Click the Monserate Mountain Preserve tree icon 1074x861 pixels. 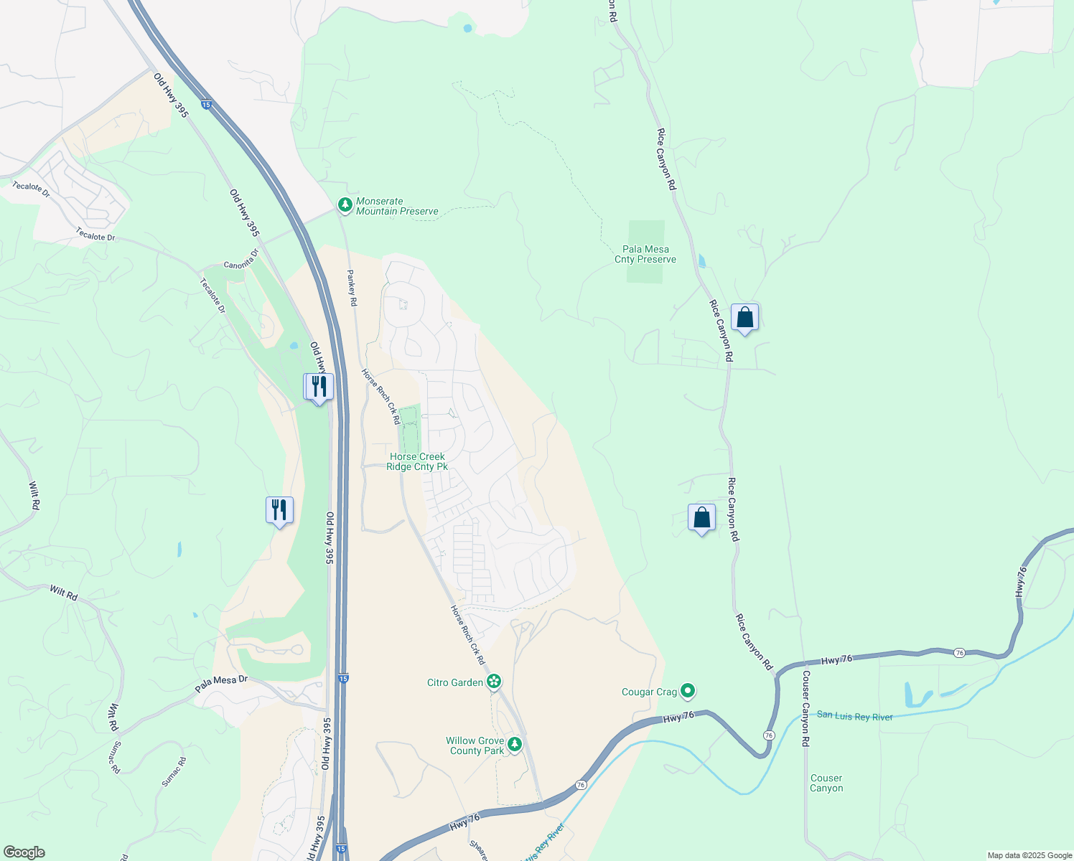click(x=345, y=206)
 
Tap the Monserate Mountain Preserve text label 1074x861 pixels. click(x=397, y=207)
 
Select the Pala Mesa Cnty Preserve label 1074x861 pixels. click(x=645, y=255)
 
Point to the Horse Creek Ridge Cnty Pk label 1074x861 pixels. click(x=417, y=461)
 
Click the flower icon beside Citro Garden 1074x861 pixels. click(x=494, y=682)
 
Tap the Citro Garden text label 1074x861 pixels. click(x=455, y=682)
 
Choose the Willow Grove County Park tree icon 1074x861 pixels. click(x=515, y=745)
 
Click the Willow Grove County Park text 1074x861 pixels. click(x=475, y=745)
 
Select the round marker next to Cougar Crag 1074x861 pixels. click(x=688, y=691)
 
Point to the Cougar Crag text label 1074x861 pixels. click(x=649, y=692)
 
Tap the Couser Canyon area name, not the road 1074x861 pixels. click(x=826, y=783)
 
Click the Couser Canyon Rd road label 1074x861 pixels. click(x=805, y=709)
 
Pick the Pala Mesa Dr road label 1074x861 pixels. click(x=221, y=683)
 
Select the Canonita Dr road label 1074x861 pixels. click(x=241, y=260)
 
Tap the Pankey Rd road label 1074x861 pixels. click(x=352, y=288)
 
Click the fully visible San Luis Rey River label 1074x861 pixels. click(x=854, y=715)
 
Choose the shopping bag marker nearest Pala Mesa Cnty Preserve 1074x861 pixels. click(x=744, y=317)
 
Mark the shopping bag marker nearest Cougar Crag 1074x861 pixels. click(x=701, y=517)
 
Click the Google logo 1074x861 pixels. click(x=24, y=852)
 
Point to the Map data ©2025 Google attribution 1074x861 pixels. click(x=1029, y=855)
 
